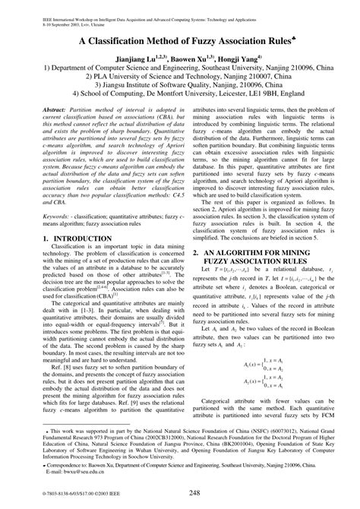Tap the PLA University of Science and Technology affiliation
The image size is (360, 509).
[x=179, y=77]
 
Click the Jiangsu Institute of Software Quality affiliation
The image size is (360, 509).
[x=179, y=87]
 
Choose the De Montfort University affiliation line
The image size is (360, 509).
[x=179, y=97]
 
